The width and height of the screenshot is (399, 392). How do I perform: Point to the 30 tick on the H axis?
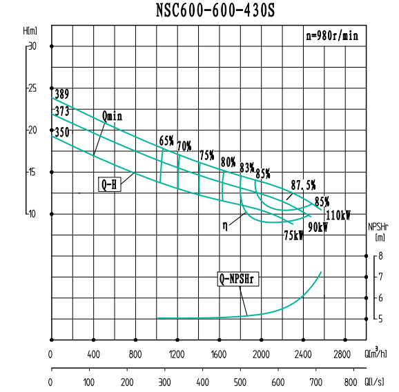(x=32, y=46)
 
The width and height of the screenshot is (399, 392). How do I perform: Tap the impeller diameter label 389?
(x=62, y=94)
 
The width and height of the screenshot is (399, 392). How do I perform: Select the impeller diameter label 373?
(x=62, y=111)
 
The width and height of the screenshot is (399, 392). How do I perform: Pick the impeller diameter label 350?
(x=62, y=132)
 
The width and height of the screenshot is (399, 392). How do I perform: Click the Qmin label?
(x=112, y=116)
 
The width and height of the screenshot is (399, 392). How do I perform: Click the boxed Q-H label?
(x=109, y=184)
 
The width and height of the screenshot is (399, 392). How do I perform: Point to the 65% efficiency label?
(x=166, y=140)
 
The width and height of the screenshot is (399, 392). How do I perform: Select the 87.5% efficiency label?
(x=303, y=184)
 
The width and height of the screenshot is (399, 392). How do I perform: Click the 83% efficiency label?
(x=247, y=168)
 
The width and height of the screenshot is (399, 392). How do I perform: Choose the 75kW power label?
(x=293, y=235)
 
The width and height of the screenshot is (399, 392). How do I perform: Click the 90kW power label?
(x=318, y=226)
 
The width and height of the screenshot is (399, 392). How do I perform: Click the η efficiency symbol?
(x=225, y=224)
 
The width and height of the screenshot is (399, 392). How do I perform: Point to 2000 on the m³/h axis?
(x=261, y=355)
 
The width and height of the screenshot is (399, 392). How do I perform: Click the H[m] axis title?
(x=30, y=30)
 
